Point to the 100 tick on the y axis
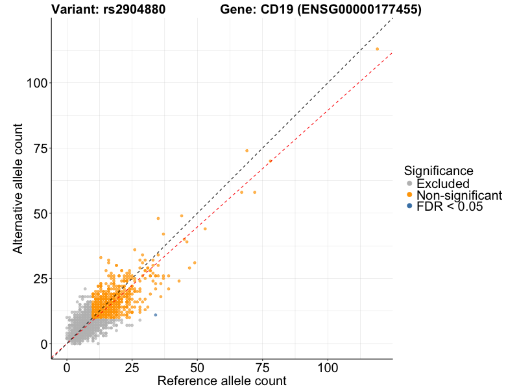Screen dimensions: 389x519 pos(38,83)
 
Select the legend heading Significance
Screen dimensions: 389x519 pos(439,171)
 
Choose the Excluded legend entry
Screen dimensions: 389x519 pos(443,184)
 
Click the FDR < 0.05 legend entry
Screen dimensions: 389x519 pos(450,206)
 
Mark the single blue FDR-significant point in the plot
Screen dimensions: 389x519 pos(155,315)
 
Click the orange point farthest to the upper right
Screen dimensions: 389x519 pos(377,49)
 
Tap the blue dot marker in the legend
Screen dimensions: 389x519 pos(409,206)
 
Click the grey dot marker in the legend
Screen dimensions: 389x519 pos(409,184)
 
